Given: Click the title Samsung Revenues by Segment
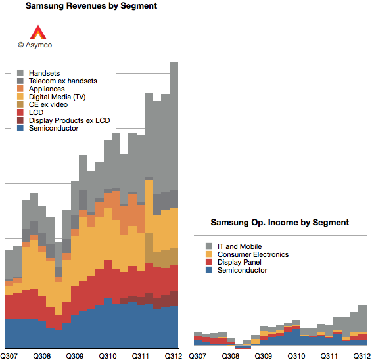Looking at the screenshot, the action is [x=91, y=6].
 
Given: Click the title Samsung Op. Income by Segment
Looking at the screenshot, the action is [x=280, y=223].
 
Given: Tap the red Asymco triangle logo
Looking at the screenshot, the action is [x=38, y=32].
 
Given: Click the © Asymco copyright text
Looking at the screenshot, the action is [x=35, y=45].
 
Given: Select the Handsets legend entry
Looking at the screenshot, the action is [x=38, y=73].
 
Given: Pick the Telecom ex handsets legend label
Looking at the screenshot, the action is [x=63, y=81].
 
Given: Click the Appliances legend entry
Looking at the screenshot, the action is [x=41, y=89].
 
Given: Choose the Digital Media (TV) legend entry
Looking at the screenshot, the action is [x=51, y=97].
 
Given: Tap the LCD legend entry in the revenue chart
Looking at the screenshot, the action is [x=30, y=112].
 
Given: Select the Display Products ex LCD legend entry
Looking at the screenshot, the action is [x=64, y=120].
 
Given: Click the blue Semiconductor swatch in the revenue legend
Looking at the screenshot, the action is [x=20, y=128].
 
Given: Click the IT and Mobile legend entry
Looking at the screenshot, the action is [x=234, y=246].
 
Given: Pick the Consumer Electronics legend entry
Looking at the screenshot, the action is [x=247, y=254].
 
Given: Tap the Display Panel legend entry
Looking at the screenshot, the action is [x=233, y=262].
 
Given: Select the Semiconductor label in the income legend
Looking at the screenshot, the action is [x=242, y=270].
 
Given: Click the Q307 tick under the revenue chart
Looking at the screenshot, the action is [x=9, y=356].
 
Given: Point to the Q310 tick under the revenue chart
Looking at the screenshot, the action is [x=108, y=356].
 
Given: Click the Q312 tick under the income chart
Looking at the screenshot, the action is [x=362, y=356].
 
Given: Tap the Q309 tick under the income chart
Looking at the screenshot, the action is [x=264, y=356].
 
